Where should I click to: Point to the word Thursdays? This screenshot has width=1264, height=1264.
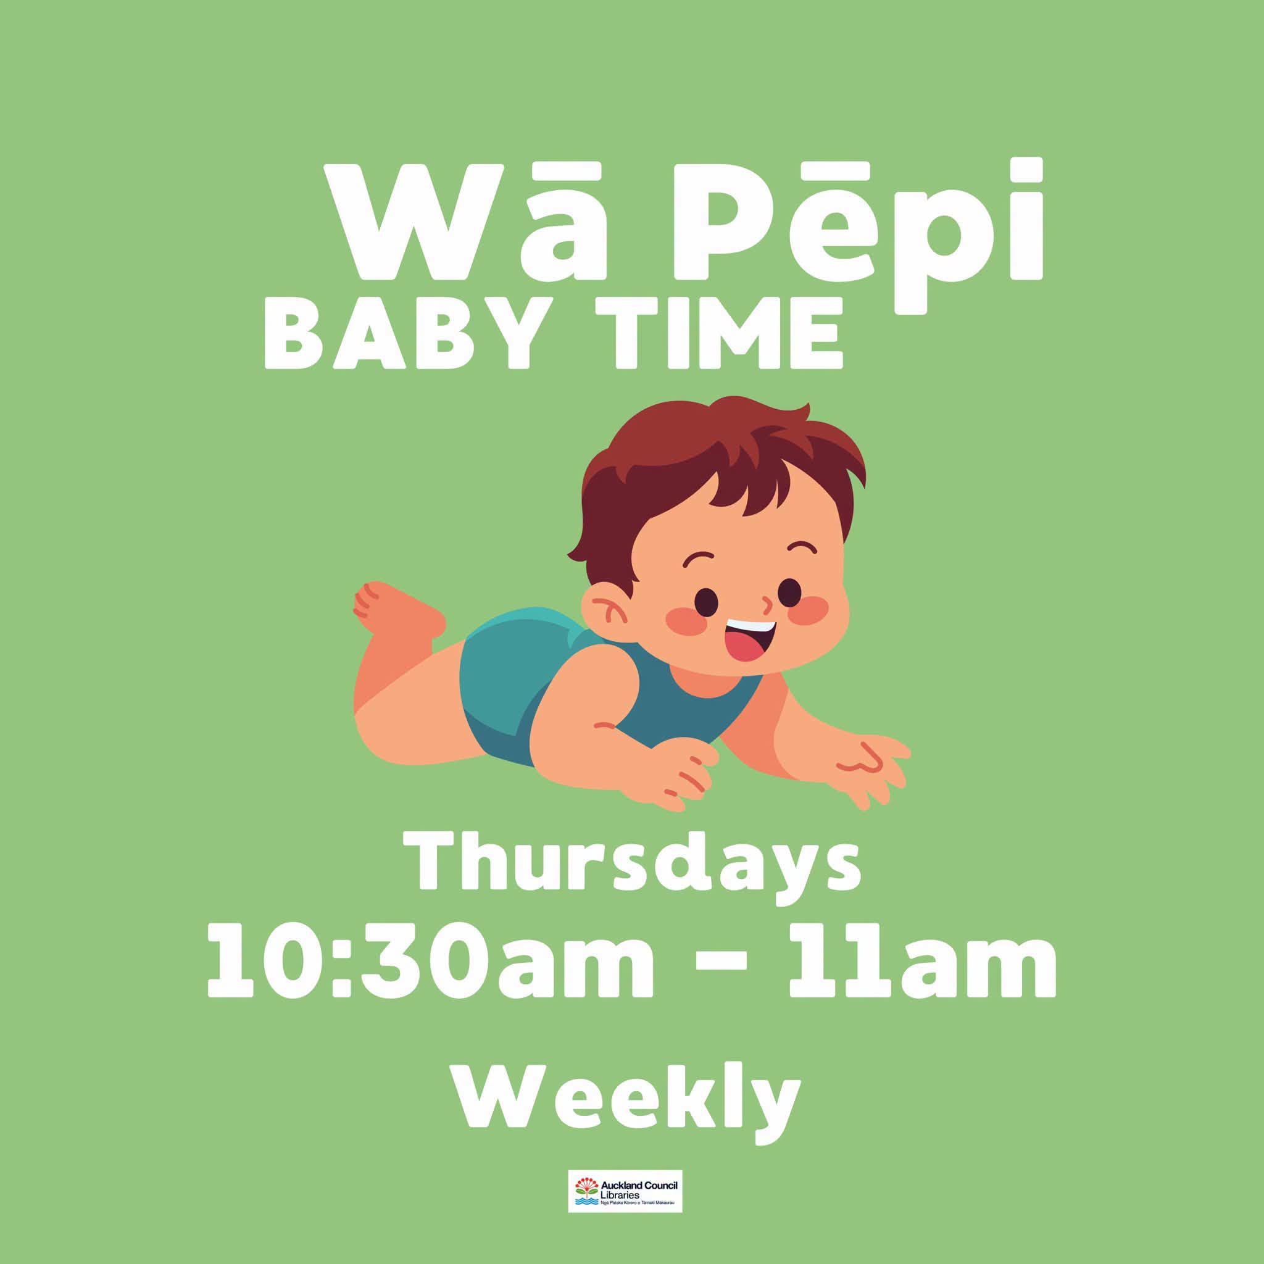pos(632,865)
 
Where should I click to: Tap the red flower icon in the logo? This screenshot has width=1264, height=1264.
pos(586,1185)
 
